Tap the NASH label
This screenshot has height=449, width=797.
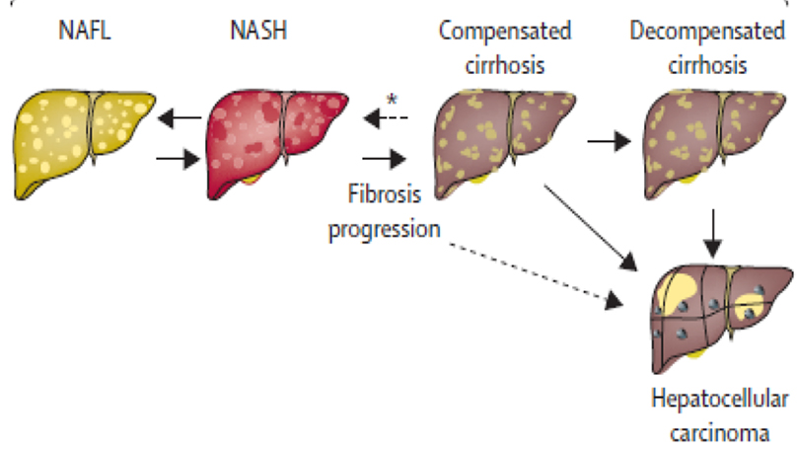point(257,31)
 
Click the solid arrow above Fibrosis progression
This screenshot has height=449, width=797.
point(386,157)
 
